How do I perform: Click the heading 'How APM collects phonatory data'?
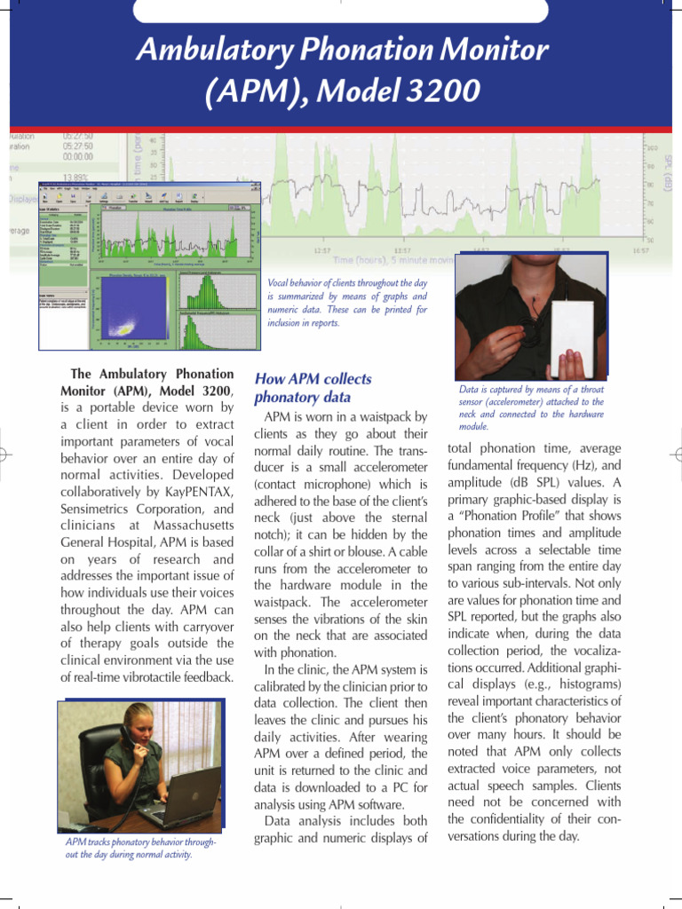pyautogui.click(x=313, y=388)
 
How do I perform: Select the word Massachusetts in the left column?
pyautogui.click(x=188, y=526)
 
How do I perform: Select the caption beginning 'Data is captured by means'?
pyautogui.click(x=531, y=407)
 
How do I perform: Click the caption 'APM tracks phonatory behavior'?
pyautogui.click(x=141, y=848)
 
